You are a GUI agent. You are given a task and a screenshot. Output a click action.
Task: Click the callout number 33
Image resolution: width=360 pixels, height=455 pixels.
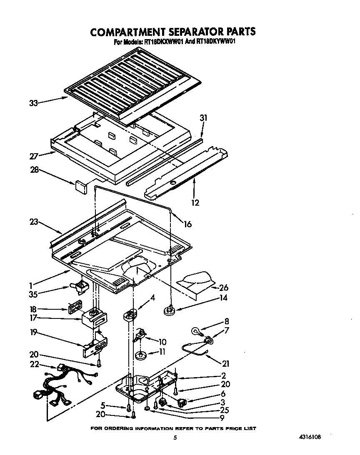(x=34, y=103)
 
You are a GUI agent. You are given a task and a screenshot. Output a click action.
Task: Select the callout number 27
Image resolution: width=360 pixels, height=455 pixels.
(x=34, y=156)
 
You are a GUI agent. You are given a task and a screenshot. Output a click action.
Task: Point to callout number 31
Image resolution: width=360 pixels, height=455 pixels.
(x=203, y=119)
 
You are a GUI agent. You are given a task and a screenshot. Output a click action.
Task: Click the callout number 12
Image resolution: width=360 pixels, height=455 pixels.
(x=195, y=203)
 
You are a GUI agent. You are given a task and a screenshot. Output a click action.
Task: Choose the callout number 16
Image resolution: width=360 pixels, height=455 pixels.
(x=187, y=224)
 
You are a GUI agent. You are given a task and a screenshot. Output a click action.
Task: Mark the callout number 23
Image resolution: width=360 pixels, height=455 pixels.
(x=34, y=222)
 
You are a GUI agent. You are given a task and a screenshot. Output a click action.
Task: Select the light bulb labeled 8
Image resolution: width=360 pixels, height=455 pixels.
(x=195, y=331)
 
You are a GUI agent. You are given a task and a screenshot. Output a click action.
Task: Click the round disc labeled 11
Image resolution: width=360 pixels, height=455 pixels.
(x=140, y=356)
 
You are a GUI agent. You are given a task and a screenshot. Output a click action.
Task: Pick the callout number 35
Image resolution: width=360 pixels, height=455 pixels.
(x=34, y=294)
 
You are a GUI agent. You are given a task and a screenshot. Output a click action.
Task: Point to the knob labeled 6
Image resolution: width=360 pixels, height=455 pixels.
(x=182, y=403)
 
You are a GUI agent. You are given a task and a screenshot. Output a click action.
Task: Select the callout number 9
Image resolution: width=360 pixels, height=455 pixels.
(x=222, y=418)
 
